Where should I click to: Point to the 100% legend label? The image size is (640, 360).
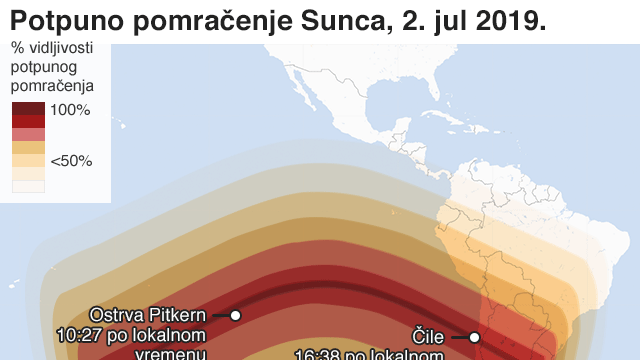click(70, 109)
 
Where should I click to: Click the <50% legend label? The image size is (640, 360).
click(71, 160)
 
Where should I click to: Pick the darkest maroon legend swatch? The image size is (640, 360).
click(28, 108)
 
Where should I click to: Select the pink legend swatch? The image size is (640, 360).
click(28, 134)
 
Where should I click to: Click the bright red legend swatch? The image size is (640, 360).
click(28, 121)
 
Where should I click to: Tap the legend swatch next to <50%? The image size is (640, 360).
click(28, 160)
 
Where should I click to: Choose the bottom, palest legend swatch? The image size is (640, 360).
click(28, 186)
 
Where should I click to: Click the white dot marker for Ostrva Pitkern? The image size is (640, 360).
click(235, 315)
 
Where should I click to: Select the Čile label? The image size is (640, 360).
click(427, 337)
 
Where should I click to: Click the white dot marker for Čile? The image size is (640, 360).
click(475, 337)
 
